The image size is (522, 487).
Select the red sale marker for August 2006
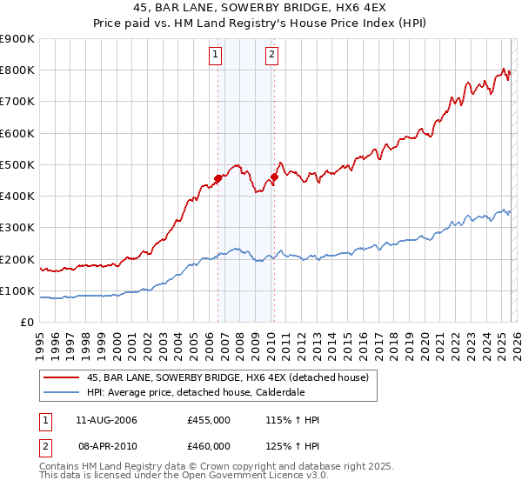click(x=217, y=179)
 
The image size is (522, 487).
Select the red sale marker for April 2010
click(x=273, y=177)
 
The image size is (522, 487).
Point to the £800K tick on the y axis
click(x=17, y=70)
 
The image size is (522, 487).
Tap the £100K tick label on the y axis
click(x=17, y=290)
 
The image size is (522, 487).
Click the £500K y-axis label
click(x=17, y=164)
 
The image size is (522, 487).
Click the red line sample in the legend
click(x=61, y=377)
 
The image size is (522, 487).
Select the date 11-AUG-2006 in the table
click(x=106, y=420)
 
